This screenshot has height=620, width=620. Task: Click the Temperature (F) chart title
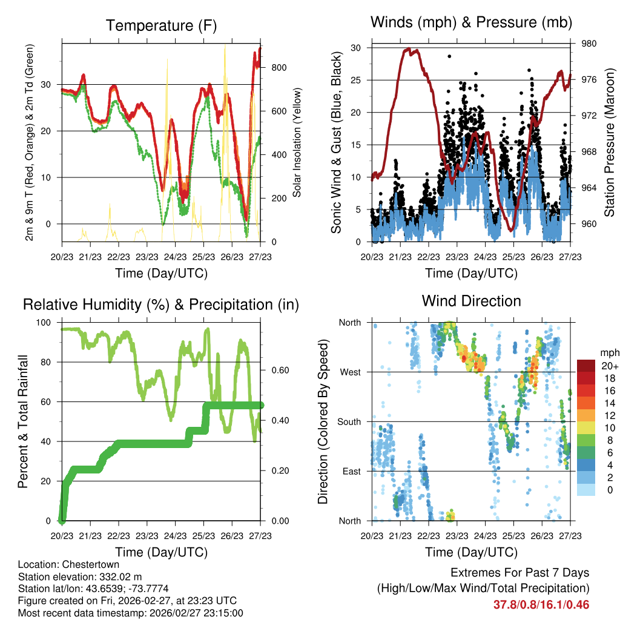[161, 25]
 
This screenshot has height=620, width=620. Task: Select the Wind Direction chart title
[471, 300]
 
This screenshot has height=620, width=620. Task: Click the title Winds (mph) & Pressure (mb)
[472, 23]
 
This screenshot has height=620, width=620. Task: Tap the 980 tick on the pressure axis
[589, 44]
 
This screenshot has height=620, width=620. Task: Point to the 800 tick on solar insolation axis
[279, 68]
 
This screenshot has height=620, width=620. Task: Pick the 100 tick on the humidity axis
[45, 323]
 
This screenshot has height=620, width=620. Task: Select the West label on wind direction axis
[351, 372]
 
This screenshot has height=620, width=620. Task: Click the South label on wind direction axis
[349, 421]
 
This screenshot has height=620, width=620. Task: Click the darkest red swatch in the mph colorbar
[585, 366]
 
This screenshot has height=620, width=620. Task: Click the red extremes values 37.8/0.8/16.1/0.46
[542, 605]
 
